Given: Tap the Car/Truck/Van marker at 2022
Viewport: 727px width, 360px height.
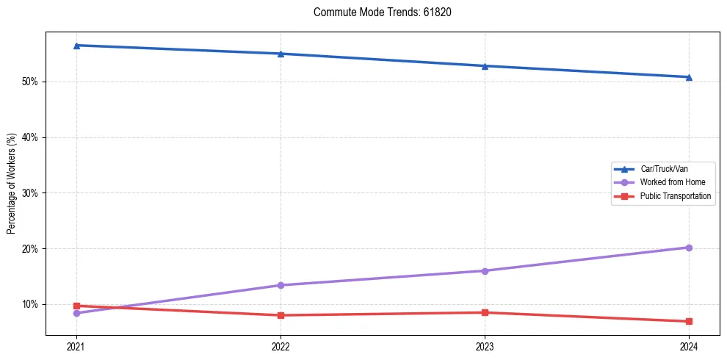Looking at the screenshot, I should coord(281,54).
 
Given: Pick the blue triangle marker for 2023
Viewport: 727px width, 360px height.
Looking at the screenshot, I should coord(485,66).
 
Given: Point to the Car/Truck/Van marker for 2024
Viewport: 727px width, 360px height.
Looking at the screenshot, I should coord(689,77).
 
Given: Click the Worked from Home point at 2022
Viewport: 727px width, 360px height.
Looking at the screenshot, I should coord(281,285).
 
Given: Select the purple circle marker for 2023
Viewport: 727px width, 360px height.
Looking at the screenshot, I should coord(485,271).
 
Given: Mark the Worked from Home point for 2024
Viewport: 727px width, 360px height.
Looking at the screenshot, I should coord(689,248).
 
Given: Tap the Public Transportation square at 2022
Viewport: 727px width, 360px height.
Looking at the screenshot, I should coord(281,315).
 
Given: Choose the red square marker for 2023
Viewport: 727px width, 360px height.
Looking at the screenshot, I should coord(485,312).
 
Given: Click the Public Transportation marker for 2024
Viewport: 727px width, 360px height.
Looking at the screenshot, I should coord(689,321).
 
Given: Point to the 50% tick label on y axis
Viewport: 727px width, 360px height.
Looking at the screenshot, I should coord(31,82).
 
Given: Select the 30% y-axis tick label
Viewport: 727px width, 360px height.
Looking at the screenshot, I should coord(31,193).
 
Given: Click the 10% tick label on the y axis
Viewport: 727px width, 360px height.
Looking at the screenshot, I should coord(31,304).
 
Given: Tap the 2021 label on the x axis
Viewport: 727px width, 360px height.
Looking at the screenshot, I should coord(76,346).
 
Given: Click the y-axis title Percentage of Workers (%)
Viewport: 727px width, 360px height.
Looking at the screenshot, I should coord(11,184).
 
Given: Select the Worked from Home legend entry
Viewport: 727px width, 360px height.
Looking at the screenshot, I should coord(663,182).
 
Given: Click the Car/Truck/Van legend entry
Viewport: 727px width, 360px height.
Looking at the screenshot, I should coord(663,169).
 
